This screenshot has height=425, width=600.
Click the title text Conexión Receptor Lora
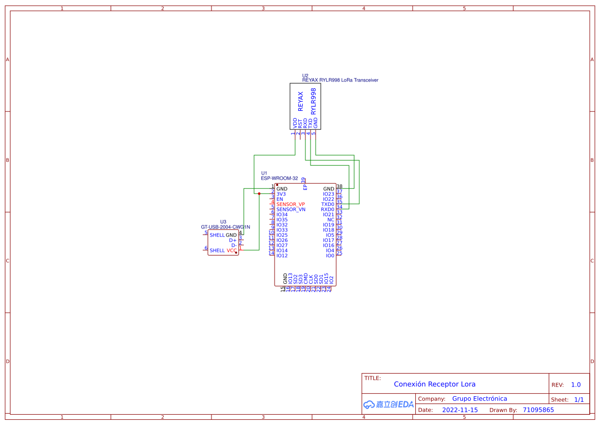tap(434, 384)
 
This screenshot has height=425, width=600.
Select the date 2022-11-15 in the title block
tap(460, 410)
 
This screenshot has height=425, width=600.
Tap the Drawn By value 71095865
tap(538, 410)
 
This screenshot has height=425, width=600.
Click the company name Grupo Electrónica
tap(479, 399)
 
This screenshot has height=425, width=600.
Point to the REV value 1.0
tap(576, 384)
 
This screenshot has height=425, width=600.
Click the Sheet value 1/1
tap(578, 399)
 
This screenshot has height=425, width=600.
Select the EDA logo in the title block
tap(388, 404)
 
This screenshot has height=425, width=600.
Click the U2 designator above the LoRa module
tap(305, 75)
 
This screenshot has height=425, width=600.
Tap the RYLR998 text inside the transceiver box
tap(314, 101)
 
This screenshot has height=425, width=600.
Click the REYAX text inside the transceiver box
tap(301, 102)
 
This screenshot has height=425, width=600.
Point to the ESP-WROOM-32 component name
tap(279, 178)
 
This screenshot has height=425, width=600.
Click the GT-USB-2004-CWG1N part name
tap(225, 227)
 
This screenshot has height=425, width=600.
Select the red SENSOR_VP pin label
tap(291, 204)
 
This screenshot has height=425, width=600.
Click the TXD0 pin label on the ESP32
tap(327, 204)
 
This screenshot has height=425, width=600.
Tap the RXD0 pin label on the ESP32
tap(327, 209)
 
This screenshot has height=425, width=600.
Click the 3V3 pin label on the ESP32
tap(281, 194)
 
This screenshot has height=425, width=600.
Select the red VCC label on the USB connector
tap(231, 250)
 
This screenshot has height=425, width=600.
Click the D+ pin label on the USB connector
tap(233, 240)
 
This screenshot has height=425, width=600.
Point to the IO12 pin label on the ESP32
tap(282, 256)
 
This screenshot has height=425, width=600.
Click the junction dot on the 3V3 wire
tap(259, 194)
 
